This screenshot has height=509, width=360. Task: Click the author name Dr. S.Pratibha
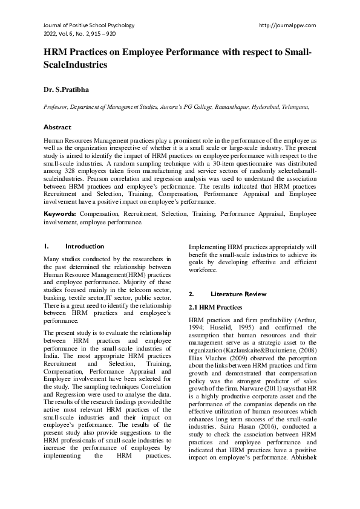[x=66, y=89]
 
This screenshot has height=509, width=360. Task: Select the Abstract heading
[x=57, y=128]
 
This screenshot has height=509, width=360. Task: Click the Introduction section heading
[x=84, y=246]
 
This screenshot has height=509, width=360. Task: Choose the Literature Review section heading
[x=238, y=294]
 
